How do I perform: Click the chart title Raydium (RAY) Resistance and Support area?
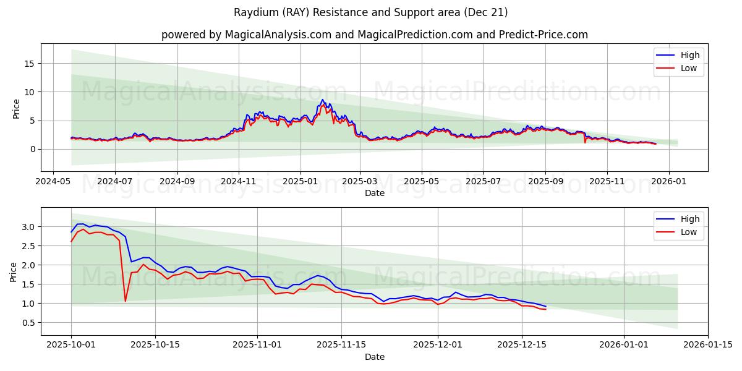point(370,12)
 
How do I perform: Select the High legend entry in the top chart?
point(689,55)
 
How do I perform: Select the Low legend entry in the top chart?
point(688,68)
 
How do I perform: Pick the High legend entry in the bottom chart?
point(689,219)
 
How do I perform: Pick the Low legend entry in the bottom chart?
point(688,232)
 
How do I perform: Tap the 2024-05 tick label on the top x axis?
point(53,182)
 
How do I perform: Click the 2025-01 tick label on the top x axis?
point(301,182)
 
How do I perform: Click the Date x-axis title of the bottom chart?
point(374,357)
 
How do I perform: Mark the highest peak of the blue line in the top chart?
point(322,100)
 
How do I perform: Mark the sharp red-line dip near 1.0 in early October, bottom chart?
point(126,301)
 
